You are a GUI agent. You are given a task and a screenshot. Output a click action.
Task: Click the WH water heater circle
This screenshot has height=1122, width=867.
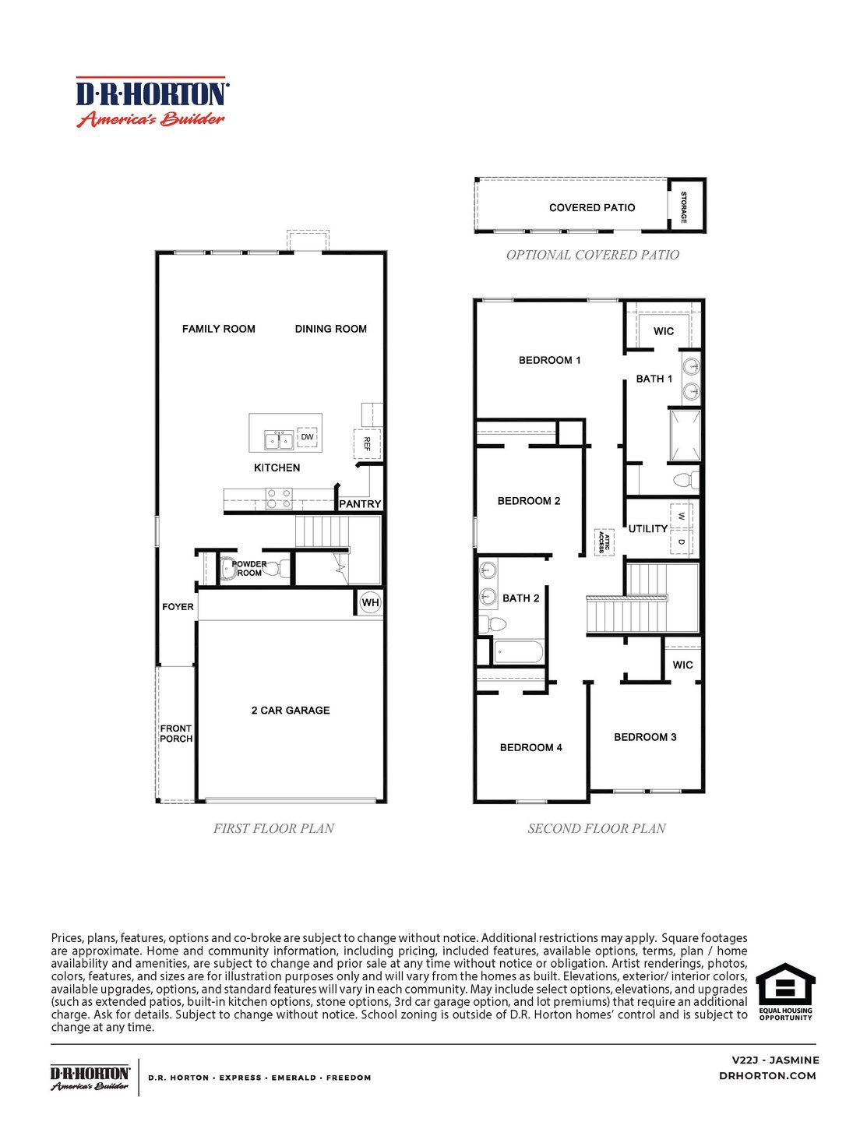370,602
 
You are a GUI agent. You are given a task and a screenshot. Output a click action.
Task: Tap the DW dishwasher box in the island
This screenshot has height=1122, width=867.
307,437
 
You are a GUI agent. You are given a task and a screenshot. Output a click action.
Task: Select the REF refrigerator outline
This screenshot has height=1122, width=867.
367,443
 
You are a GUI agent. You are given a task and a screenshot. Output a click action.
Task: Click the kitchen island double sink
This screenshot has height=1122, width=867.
279,440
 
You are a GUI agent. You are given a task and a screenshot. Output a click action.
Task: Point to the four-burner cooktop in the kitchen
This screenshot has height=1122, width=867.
279,498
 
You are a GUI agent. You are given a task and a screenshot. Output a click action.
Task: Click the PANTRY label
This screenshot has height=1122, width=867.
360,504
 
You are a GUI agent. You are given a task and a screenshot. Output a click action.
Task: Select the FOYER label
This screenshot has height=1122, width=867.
178,607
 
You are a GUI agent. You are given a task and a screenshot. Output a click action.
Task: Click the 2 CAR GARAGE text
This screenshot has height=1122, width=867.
291,711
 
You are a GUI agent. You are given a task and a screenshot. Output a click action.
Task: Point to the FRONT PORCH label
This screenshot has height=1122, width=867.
176,734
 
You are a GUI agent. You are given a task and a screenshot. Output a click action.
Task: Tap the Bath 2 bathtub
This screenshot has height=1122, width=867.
517,652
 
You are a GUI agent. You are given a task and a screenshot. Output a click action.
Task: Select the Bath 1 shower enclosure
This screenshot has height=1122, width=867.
685,436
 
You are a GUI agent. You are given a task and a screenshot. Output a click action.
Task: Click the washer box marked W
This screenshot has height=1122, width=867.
681,516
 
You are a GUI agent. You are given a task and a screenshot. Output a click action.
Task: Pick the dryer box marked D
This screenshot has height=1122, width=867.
681,542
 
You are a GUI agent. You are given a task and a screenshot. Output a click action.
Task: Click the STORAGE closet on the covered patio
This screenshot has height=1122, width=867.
686,206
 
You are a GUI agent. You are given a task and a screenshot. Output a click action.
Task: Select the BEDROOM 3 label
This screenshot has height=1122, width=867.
645,737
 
